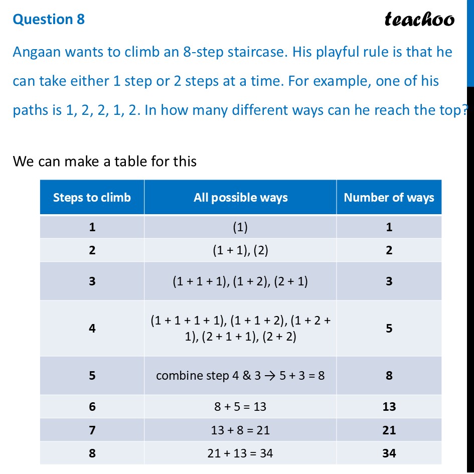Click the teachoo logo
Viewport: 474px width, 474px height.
tap(419, 19)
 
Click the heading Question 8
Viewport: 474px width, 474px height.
tap(49, 19)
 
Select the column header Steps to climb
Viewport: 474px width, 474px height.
tap(92, 198)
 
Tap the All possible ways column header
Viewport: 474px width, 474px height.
tap(241, 198)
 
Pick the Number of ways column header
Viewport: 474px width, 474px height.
tap(389, 198)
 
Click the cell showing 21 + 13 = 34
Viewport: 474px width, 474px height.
tap(240, 453)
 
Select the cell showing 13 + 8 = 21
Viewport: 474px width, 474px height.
tap(240, 430)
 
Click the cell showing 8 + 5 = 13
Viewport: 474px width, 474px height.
tap(240, 406)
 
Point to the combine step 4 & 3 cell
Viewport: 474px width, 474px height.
tap(240, 375)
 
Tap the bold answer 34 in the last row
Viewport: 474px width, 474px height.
tap(389, 453)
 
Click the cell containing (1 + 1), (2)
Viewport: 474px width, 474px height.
tap(240, 250)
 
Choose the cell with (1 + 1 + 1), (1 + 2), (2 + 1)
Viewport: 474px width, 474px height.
tap(240, 281)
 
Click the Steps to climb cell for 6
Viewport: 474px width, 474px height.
tap(92, 406)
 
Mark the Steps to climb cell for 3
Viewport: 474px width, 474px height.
tap(92, 281)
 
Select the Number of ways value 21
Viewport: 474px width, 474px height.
tap(389, 430)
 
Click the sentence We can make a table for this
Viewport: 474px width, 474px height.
tap(104, 161)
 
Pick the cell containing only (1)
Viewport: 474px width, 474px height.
tap(240, 227)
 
